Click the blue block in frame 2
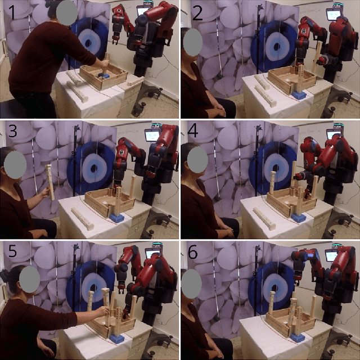(x=300, y=95)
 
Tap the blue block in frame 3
(x=117, y=217)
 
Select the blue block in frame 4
(x=298, y=217)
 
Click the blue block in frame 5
(x=117, y=339)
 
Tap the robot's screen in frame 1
(x=142, y=10)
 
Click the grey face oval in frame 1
(x=67, y=12)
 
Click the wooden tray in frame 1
(x=103, y=77)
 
